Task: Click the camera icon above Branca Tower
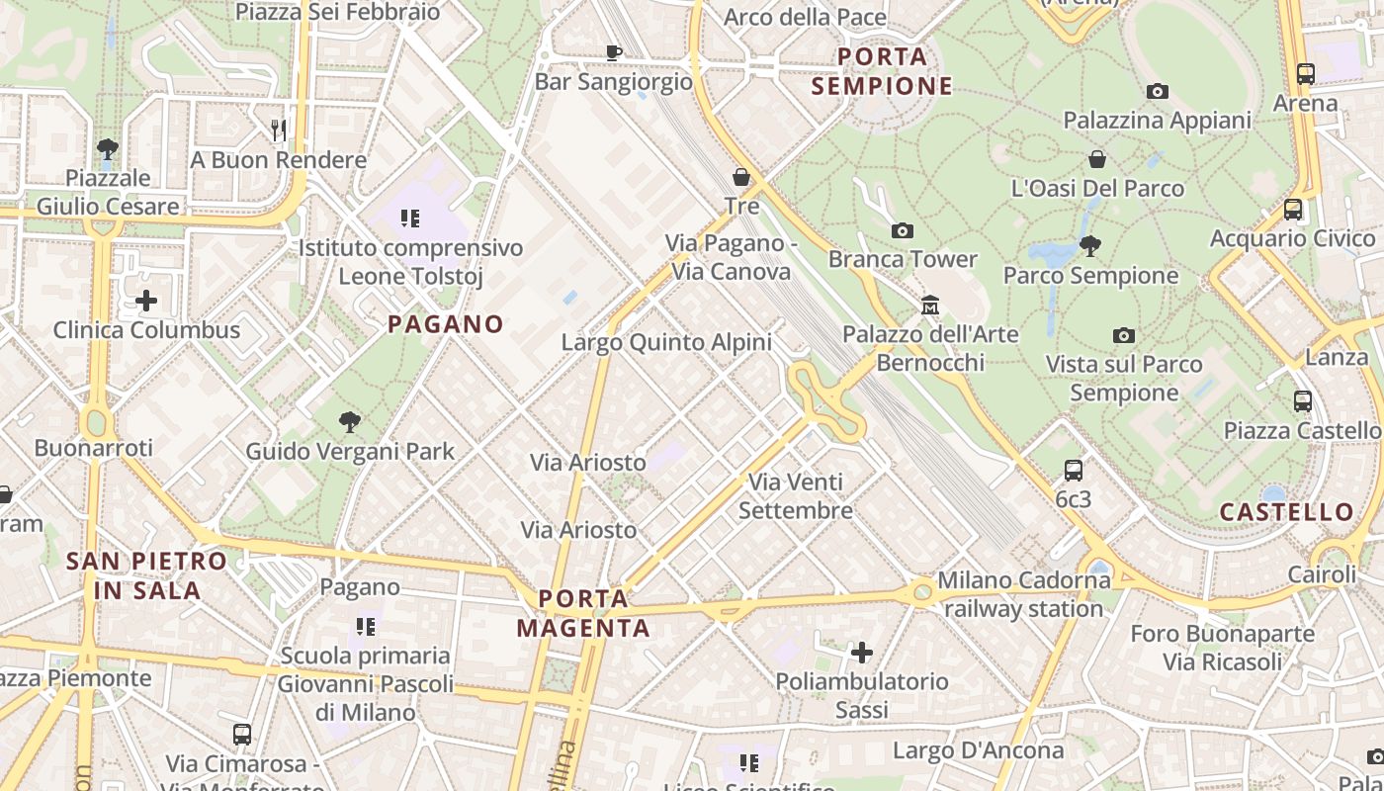pyautogui.click(x=902, y=230)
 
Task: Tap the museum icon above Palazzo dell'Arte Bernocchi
pyautogui.click(x=929, y=305)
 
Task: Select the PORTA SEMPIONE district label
pyautogui.click(x=883, y=71)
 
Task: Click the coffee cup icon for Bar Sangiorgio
pyautogui.click(x=613, y=52)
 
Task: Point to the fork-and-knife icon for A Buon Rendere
pyautogui.click(x=279, y=130)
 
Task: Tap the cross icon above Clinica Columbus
pyautogui.click(x=146, y=300)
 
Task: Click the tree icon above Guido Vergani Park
pyautogui.click(x=349, y=422)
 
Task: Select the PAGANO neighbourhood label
pyautogui.click(x=446, y=323)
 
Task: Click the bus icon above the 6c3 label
pyautogui.click(x=1074, y=470)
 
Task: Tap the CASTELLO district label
pyautogui.click(x=1286, y=511)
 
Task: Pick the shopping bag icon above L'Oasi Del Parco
pyautogui.click(x=1097, y=159)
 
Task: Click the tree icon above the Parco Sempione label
pyautogui.click(x=1090, y=245)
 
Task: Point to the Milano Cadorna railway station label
pyautogui.click(x=1023, y=594)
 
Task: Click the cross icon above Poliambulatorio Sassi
pyautogui.click(x=862, y=653)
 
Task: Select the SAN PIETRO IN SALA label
pyautogui.click(x=147, y=575)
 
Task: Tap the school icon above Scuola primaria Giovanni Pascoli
pyautogui.click(x=365, y=626)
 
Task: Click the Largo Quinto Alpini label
pyautogui.click(x=666, y=342)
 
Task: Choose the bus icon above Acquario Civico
pyautogui.click(x=1292, y=210)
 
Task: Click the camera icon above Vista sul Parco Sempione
pyautogui.click(x=1123, y=335)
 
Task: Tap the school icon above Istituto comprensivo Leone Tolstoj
pyautogui.click(x=410, y=218)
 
